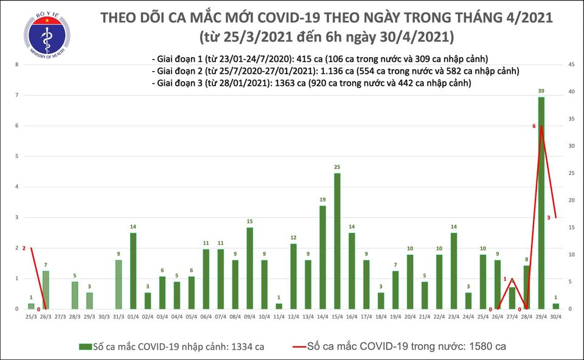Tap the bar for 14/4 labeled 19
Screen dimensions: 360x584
coord(322,257)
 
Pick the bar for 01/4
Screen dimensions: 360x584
coord(133,271)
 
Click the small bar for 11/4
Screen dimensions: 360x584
coord(279,306)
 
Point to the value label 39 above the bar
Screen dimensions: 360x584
coord(541,91)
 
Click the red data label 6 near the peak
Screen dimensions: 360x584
coord(534,126)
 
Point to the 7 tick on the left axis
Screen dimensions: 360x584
coord(17,95)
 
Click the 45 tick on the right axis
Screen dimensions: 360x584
coord(572,64)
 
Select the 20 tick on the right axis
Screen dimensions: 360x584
coord(572,200)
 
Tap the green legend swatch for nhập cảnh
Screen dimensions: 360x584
coord(85,347)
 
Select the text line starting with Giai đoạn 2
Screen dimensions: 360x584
coord(335,71)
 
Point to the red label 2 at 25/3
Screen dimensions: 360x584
coord(24,248)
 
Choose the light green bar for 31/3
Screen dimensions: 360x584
coord(118,285)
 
